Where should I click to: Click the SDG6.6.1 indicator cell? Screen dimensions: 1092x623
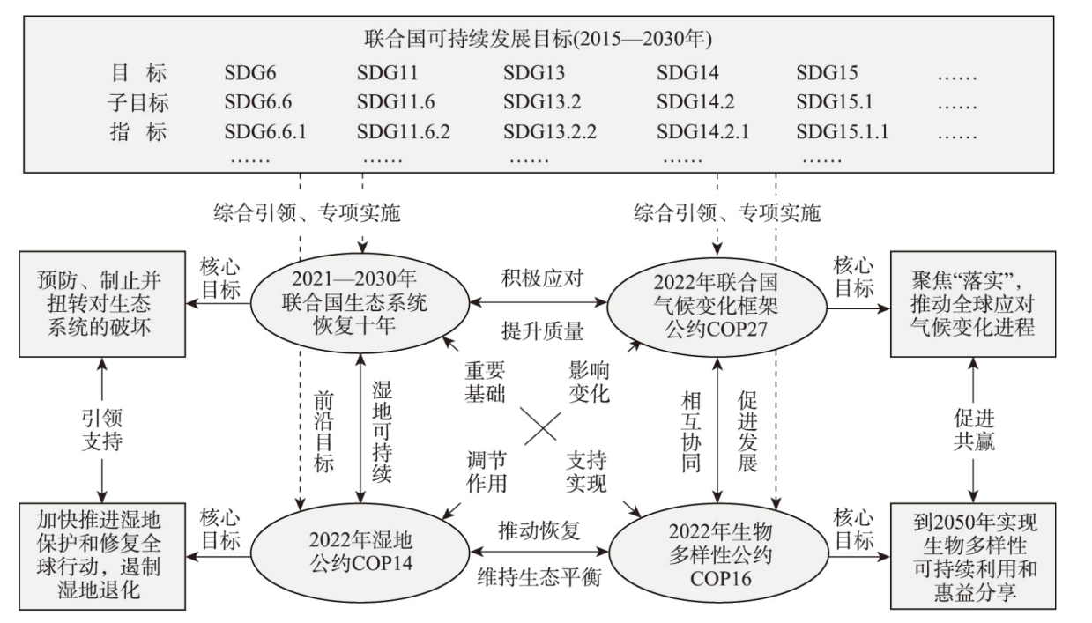point(265,131)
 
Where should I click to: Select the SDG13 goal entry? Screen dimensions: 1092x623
point(534,72)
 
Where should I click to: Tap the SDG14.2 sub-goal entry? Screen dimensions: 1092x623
point(695,102)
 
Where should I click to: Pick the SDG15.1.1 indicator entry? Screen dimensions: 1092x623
point(842,131)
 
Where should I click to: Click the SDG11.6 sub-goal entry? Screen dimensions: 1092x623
point(396,102)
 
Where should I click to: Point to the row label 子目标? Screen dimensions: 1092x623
point(138,102)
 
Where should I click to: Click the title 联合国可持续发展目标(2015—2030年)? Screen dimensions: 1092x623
point(538,39)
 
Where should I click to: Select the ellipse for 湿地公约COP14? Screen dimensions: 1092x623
point(360,553)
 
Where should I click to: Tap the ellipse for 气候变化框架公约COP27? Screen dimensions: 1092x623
point(717,307)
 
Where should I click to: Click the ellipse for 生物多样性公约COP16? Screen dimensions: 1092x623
point(719,555)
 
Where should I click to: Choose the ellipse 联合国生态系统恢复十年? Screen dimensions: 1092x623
point(360,303)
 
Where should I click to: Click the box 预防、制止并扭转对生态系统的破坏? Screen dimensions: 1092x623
point(102,304)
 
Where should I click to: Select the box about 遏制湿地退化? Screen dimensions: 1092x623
point(102,556)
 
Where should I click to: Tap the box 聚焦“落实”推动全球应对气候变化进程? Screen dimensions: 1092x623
point(973,304)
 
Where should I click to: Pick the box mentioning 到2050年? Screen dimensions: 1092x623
point(973,556)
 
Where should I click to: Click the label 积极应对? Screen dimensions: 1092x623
point(542,278)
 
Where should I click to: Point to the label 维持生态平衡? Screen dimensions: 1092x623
point(539,577)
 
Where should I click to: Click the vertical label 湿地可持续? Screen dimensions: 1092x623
point(382,432)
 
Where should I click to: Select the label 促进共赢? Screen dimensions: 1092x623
point(974,430)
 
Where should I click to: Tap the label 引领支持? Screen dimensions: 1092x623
point(102,430)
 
